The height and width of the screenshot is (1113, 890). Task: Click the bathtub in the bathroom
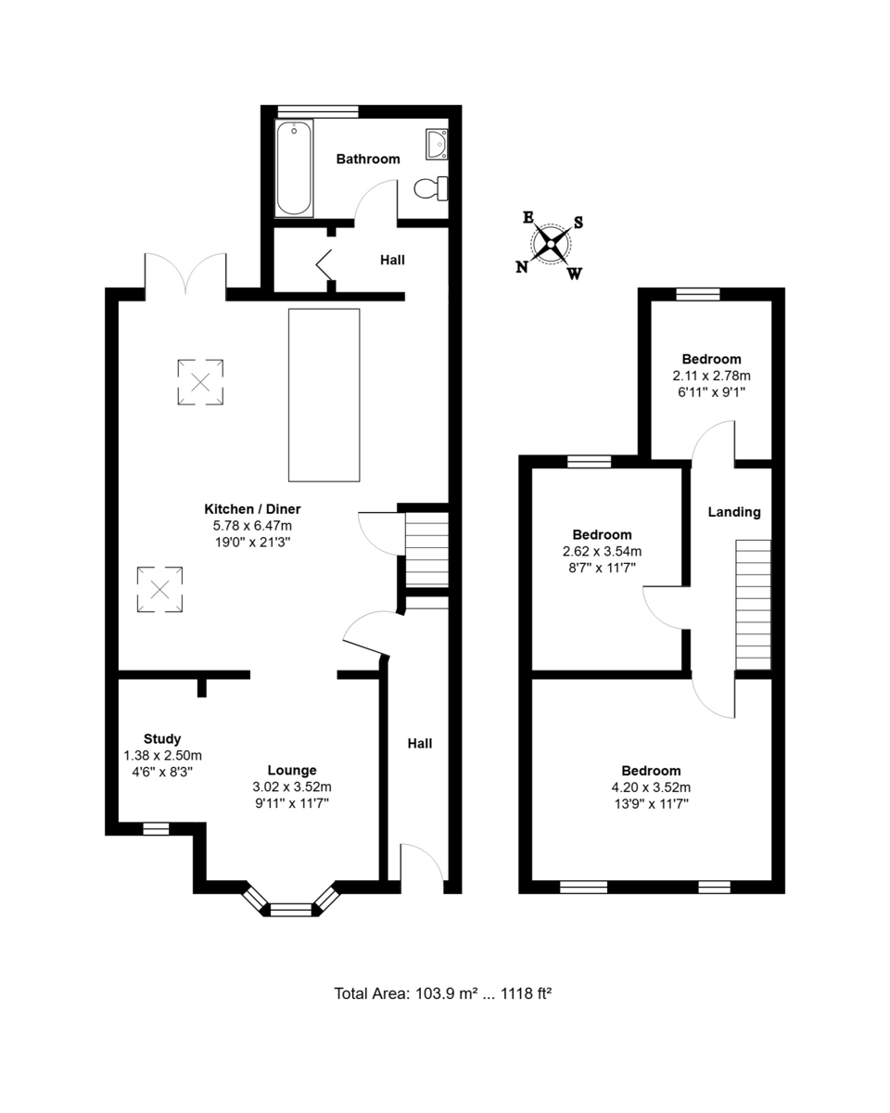tap(294, 168)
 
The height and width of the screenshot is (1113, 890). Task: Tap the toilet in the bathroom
tap(431, 188)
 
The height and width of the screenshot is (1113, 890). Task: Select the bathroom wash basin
tap(437, 144)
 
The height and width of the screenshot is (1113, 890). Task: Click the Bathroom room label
tap(368, 159)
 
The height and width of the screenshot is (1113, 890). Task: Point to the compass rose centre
tap(551, 244)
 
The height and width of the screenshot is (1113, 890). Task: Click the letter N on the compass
tap(522, 267)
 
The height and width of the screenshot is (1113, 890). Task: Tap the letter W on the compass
tap(574, 274)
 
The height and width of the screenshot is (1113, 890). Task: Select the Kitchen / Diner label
tap(252, 509)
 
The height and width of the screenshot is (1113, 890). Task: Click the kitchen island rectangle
tap(324, 395)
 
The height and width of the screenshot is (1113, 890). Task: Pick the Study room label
tap(162, 738)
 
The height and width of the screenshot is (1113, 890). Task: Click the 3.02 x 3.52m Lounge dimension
tap(292, 787)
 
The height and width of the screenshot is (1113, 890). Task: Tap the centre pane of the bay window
tap(291, 910)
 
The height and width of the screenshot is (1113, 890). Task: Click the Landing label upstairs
tap(734, 512)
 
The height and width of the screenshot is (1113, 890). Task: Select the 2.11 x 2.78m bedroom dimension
tap(711, 376)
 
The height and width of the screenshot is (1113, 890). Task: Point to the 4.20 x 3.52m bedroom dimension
tap(651, 787)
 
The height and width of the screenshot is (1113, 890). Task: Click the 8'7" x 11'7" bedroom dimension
tap(602, 568)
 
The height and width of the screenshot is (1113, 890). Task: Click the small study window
tap(156, 828)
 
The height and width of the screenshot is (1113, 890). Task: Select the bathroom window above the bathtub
tap(317, 111)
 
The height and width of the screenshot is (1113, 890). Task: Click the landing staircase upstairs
tap(753, 605)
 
